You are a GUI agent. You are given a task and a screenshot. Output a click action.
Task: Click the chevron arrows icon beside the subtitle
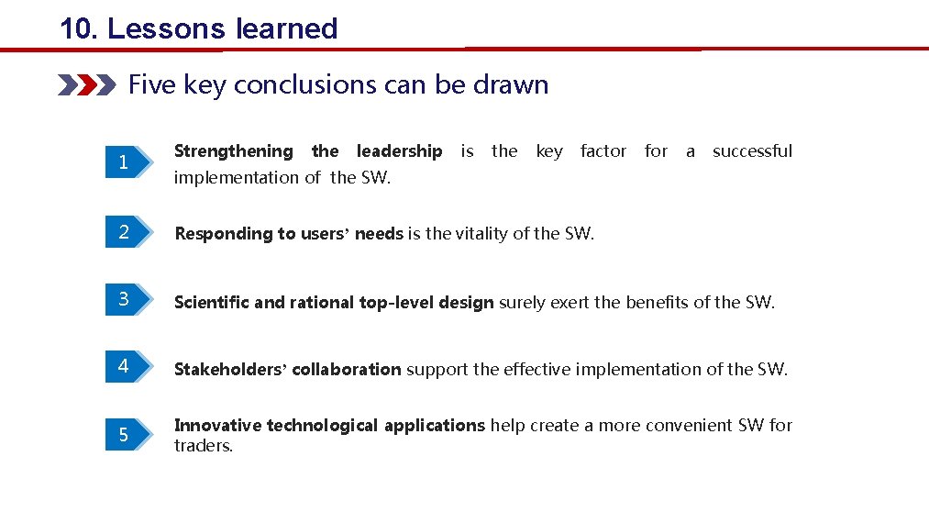pos(86,85)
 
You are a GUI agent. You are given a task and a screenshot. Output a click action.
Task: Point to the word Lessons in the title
pos(166,28)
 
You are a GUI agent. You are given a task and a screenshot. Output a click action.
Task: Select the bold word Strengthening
pos(233,151)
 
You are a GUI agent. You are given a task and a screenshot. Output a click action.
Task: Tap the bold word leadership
pos(399,151)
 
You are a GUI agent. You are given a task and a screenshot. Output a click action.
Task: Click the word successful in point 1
pos(752,151)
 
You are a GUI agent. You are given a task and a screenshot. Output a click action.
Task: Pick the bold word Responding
pos(219,234)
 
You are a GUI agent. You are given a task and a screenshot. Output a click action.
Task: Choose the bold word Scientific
pos(212,302)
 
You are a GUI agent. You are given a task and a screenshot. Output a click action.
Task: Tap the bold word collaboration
pos(346,370)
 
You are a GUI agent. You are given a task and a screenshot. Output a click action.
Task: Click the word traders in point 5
pos(202,446)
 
